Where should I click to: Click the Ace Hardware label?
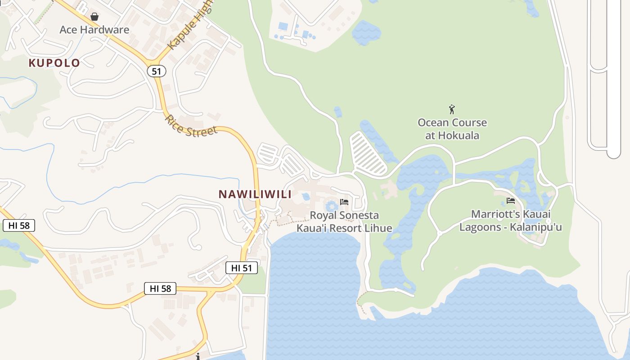pyautogui.click(x=94, y=30)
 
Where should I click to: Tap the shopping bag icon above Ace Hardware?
pyautogui.click(x=94, y=17)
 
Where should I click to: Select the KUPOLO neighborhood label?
pyautogui.click(x=54, y=63)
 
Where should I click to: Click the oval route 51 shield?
pyautogui.click(x=156, y=71)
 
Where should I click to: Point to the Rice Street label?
pyautogui.click(x=191, y=126)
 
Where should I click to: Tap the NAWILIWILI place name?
pyautogui.click(x=255, y=194)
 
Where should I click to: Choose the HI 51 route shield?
pyautogui.click(x=242, y=268)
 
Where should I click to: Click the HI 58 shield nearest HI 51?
pyautogui.click(x=160, y=288)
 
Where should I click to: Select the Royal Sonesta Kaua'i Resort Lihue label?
pyautogui.click(x=344, y=222)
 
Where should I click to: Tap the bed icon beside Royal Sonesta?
pyautogui.click(x=344, y=202)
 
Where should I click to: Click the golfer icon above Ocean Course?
pyautogui.click(x=452, y=109)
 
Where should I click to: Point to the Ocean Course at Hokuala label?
pyautogui.click(x=452, y=129)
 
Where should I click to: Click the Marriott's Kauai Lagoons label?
pyautogui.click(x=510, y=220)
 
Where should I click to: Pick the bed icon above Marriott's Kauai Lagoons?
pyautogui.click(x=510, y=201)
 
